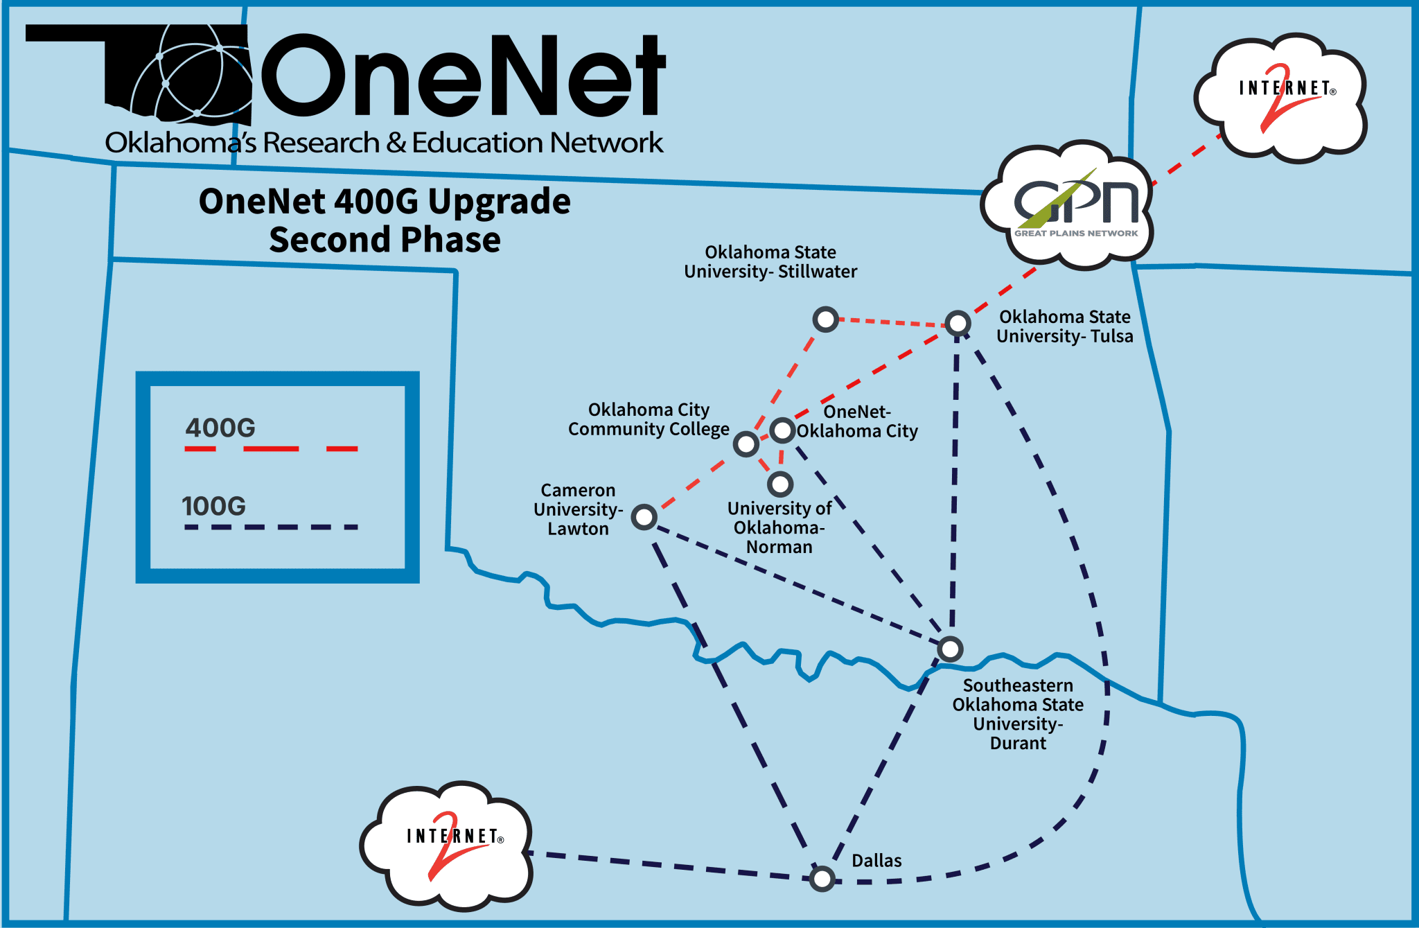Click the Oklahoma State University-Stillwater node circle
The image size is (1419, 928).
point(825,319)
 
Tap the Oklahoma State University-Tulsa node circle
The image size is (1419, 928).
point(958,323)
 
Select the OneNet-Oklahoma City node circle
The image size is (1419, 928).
point(782,430)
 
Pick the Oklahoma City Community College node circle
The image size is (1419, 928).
point(746,444)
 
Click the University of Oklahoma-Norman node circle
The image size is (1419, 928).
point(780,484)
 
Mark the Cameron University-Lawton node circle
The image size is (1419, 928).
point(644,517)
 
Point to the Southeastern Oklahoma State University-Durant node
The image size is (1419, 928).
point(950,649)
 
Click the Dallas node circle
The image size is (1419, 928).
point(822,879)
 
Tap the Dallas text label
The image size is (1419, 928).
point(876,861)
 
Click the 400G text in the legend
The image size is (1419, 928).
point(220,428)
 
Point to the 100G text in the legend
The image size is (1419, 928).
point(214,506)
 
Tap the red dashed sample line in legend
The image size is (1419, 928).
point(271,449)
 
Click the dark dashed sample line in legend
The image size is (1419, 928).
point(271,527)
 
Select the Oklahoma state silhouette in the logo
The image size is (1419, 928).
point(139,69)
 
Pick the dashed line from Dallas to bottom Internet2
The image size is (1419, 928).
point(672,866)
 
